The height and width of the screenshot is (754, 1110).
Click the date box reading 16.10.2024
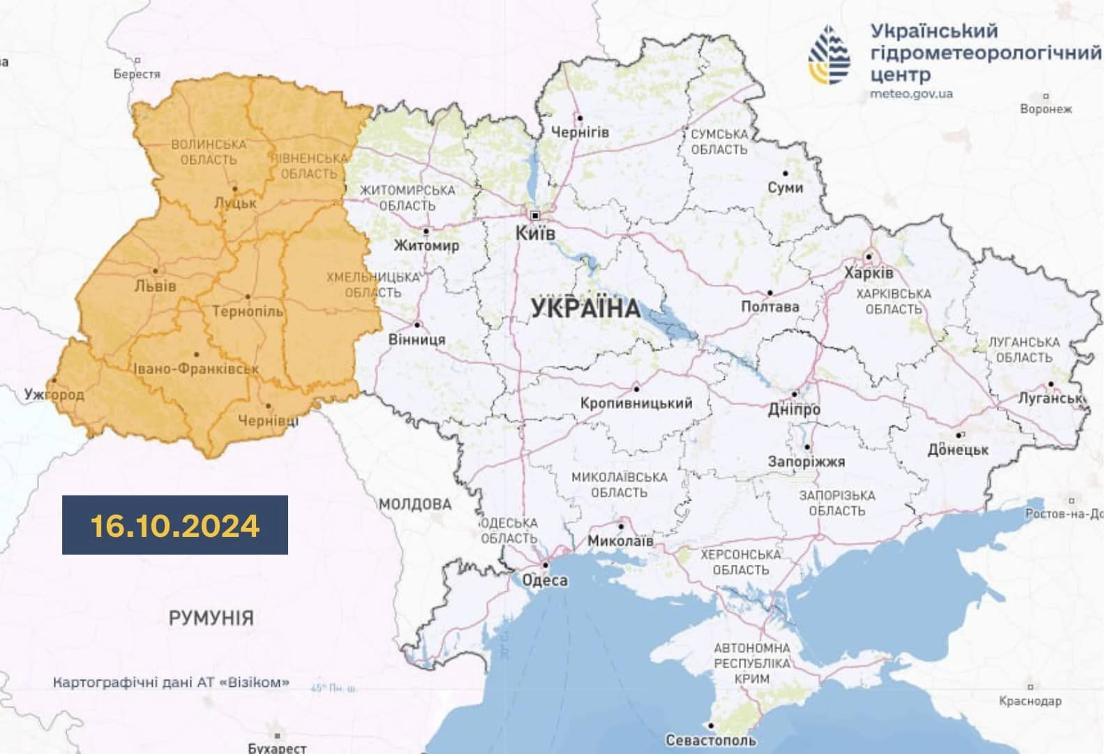[174, 525]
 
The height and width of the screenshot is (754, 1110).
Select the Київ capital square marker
[535, 215]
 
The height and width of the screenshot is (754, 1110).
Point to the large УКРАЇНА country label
[585, 308]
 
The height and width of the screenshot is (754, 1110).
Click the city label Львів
[155, 286]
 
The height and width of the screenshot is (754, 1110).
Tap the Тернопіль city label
[247, 311]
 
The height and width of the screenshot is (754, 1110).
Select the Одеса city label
[545, 581]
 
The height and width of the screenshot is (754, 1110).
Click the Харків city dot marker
[869, 256]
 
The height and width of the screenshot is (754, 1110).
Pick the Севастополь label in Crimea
[710, 740]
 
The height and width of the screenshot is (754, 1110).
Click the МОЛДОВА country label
[415, 504]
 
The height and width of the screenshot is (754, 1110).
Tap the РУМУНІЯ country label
[211, 618]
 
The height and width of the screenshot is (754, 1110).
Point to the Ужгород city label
[54, 394]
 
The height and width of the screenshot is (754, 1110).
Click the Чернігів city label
[580, 132]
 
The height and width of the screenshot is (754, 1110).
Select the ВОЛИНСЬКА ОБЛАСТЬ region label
[209, 152]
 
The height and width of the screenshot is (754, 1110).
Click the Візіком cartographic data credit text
[171, 682]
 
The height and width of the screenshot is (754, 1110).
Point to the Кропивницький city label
[636, 404]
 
